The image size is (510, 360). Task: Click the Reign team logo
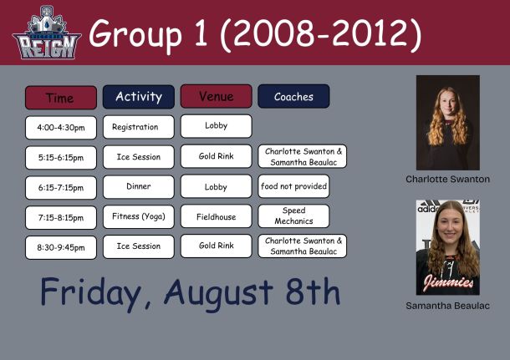47,33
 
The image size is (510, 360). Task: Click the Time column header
61,98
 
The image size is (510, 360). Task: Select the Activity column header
139,97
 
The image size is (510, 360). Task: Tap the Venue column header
217,96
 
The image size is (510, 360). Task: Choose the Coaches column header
293,96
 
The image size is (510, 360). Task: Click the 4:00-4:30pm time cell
61,128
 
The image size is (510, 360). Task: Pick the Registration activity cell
139,127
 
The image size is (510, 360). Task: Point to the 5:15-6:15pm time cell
61,158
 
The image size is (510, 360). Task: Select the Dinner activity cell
139,186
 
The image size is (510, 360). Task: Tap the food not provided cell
293,186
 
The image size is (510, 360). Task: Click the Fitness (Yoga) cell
139,216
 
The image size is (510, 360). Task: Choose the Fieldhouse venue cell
217,216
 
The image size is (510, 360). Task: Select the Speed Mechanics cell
293,215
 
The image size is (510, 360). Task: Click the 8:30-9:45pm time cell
61,247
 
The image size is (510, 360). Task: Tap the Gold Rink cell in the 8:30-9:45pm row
217,246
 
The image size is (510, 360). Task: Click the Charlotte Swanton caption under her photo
447,179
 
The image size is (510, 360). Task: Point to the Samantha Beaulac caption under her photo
447,306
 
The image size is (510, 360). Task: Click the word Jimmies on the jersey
448,281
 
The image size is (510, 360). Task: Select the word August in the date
218,292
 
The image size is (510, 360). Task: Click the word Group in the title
135,33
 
